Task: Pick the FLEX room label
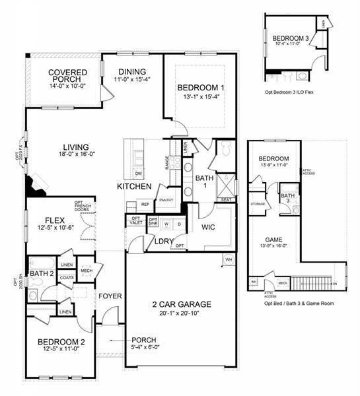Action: (55, 220)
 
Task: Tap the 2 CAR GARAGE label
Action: (180, 304)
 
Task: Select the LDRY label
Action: (163, 241)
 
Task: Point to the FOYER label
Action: (110, 296)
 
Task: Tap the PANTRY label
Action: (166, 199)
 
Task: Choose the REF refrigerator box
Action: (145, 205)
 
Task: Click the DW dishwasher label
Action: (139, 173)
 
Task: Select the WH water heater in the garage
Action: (228, 259)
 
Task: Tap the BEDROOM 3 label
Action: (291, 38)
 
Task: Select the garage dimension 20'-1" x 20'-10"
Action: (180, 313)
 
